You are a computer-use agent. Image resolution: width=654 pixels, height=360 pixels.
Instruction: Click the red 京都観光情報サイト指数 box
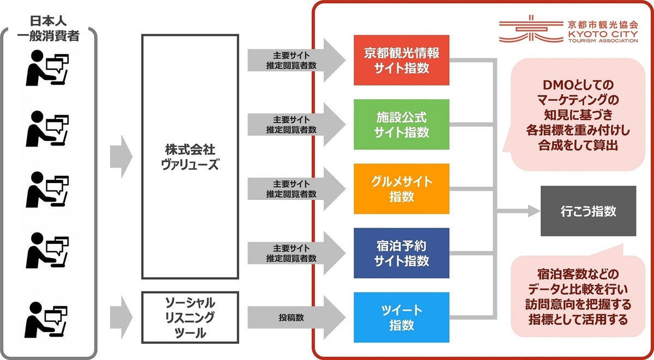click(401, 60)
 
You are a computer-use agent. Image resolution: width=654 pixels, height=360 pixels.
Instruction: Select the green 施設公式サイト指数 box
click(401, 124)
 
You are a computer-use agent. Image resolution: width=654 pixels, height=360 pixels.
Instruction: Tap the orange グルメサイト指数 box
click(401, 188)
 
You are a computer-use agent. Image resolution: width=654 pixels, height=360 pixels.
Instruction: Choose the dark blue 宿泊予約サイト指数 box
click(401, 253)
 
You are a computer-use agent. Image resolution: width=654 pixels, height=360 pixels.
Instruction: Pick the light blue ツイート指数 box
click(401, 318)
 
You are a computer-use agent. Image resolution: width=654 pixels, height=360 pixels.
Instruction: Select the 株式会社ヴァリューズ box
click(190, 157)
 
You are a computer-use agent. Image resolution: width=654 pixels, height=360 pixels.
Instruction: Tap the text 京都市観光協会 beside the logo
click(602, 24)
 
